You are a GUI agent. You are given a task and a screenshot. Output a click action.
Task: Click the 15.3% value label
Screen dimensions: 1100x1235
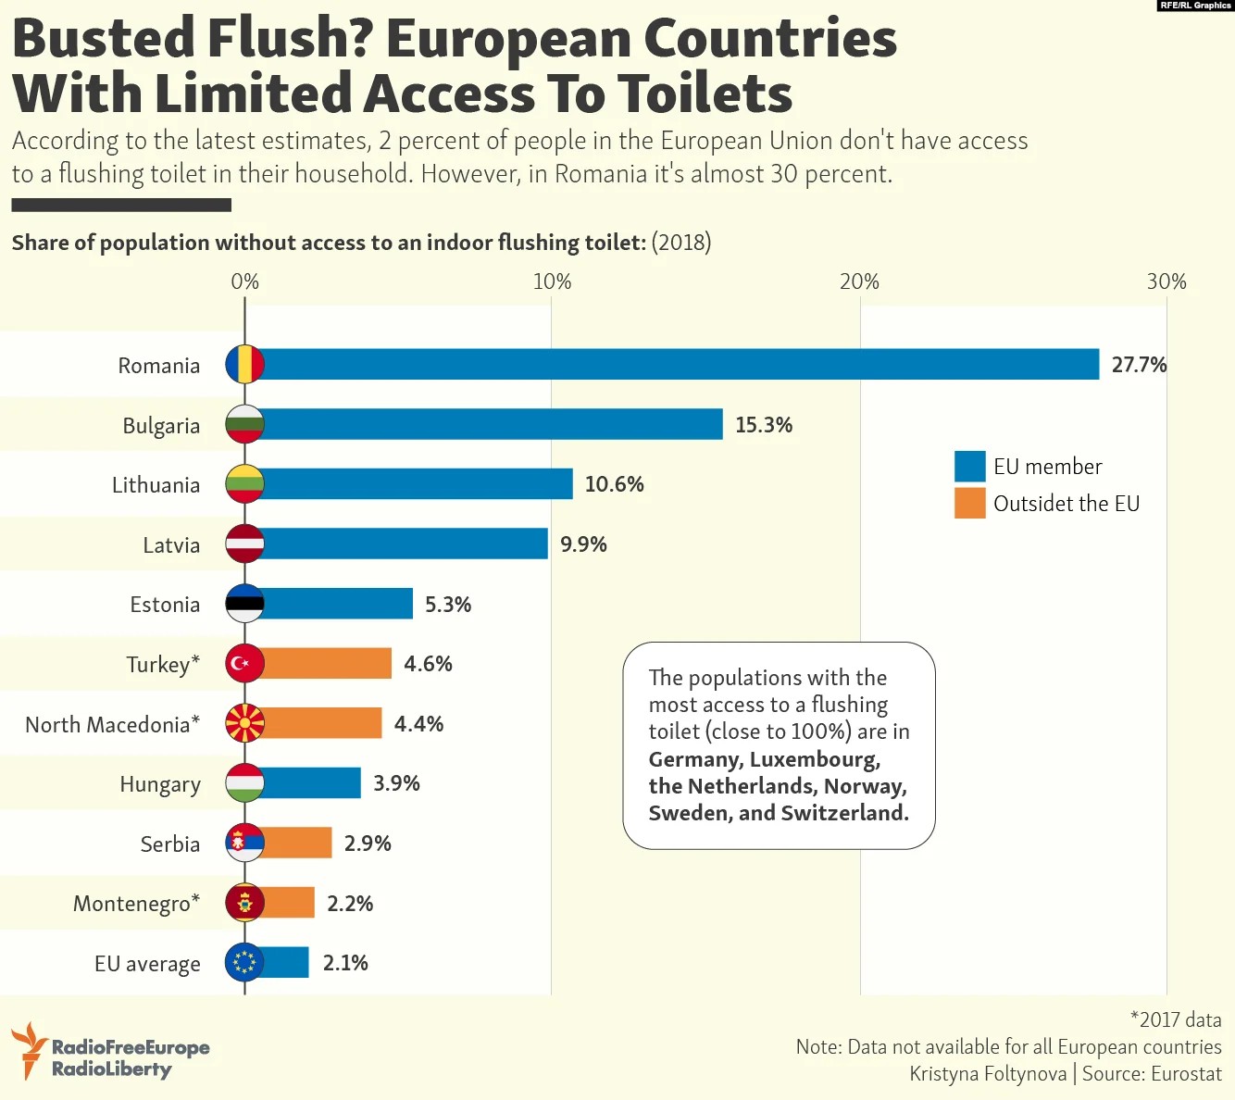point(764,425)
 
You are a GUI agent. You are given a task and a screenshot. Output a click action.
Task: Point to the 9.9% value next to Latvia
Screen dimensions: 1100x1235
point(583,544)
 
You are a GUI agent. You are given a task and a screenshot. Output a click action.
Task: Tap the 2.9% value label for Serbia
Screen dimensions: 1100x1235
point(368,844)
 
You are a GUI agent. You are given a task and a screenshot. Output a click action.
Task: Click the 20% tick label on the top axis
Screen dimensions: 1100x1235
point(859,281)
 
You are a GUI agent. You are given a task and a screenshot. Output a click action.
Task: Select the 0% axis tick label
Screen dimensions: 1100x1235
point(245,281)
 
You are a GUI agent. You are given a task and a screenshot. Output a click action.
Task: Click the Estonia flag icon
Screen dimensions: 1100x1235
point(245,604)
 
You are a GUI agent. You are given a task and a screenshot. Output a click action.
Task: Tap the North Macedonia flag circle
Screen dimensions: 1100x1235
point(245,723)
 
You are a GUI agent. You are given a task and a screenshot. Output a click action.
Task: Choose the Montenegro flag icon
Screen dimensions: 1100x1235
point(245,903)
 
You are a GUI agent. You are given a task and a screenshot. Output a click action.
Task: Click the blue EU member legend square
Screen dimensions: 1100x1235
point(969,466)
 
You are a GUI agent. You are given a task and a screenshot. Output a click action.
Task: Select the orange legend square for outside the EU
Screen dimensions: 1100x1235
point(969,503)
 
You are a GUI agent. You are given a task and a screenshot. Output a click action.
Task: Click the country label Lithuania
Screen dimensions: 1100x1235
point(156,485)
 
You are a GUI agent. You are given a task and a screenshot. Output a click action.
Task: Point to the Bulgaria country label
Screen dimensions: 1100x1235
point(161,426)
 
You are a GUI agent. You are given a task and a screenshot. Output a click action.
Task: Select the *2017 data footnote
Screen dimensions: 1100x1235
point(1176,1019)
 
